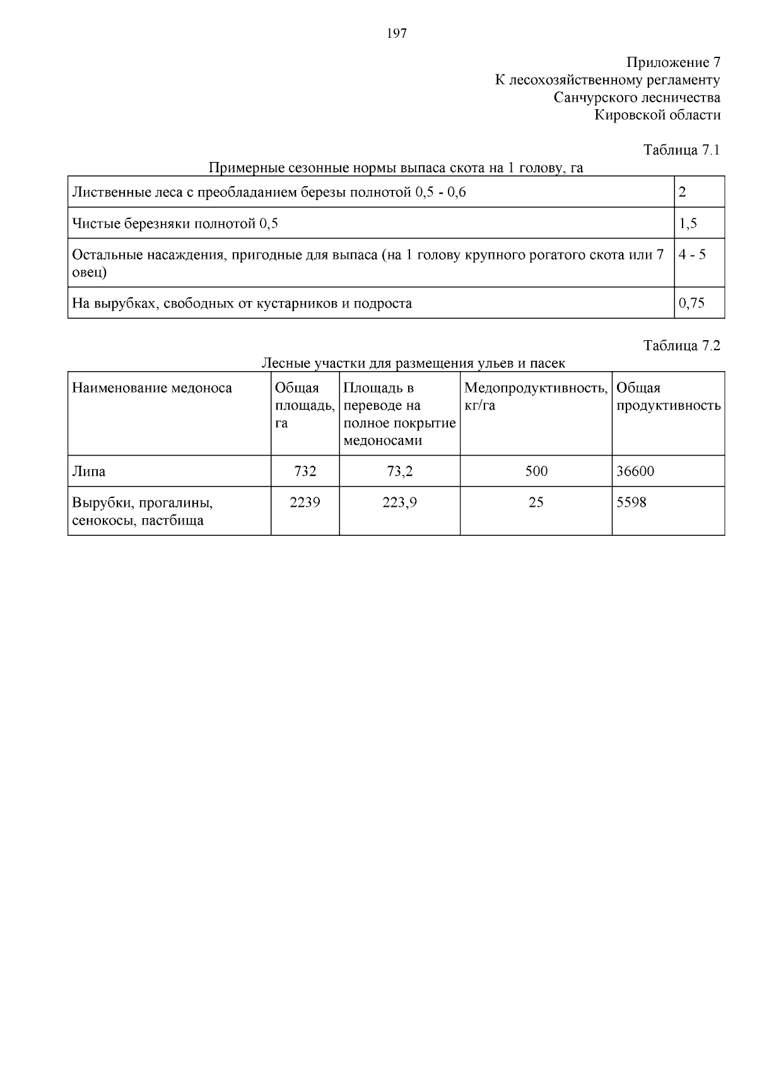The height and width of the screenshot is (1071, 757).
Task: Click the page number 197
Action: [396, 34]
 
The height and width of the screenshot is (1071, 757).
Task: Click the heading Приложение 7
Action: [672, 62]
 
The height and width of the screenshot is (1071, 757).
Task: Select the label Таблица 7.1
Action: [681, 150]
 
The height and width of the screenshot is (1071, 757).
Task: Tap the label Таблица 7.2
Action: [681, 345]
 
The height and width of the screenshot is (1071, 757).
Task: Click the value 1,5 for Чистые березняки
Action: [688, 223]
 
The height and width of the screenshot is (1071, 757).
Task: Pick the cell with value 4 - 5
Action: [692, 254]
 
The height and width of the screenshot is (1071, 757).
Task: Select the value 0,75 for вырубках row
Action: [691, 303]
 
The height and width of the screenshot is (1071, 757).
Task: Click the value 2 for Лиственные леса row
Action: [683, 192]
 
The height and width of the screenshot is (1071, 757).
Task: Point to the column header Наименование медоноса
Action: [152, 388]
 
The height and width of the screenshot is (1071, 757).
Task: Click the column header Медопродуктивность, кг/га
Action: [536, 396]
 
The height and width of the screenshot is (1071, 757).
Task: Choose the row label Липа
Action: [89, 471]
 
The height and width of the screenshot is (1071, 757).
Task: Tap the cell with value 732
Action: [305, 471]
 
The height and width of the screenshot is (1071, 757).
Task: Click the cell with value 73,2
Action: [400, 471]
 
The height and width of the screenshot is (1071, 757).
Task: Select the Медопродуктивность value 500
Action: [536, 471]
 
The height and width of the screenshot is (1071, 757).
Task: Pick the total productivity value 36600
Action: [635, 471]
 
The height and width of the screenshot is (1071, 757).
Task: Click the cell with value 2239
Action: [305, 503]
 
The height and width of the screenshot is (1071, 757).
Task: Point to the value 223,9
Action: [400, 503]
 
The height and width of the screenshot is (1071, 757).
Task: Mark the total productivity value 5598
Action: [631, 503]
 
